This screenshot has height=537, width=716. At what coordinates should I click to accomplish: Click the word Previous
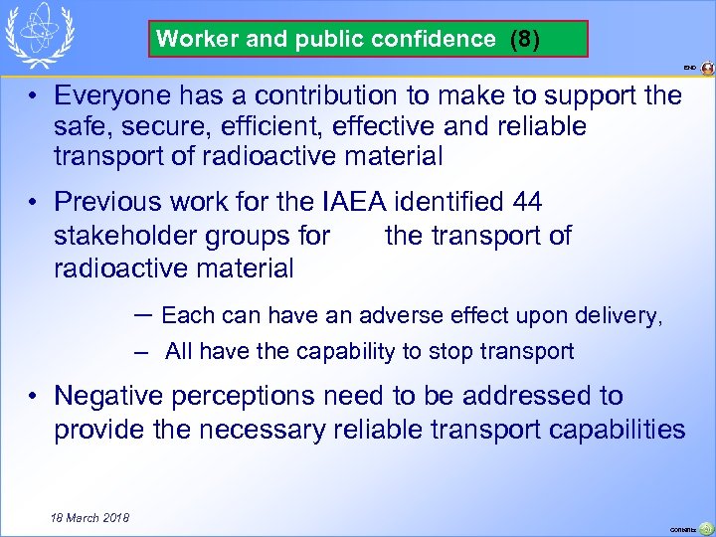pos(107,203)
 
